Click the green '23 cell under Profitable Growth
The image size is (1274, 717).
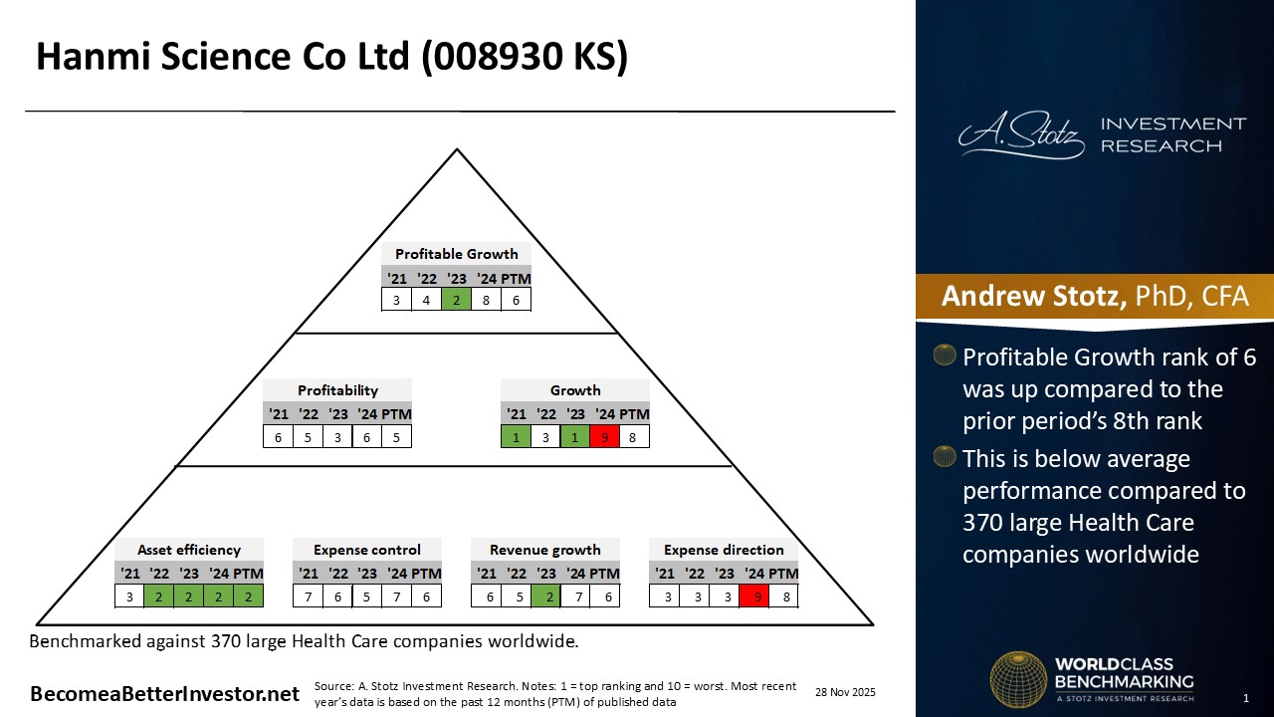point(456,300)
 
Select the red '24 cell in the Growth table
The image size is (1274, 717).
point(604,437)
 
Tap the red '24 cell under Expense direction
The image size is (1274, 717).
point(754,597)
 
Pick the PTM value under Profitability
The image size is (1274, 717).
point(396,437)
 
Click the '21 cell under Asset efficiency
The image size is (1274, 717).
point(129,597)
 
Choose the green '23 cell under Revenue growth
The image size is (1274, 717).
point(546,597)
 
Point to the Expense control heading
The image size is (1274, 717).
point(367,550)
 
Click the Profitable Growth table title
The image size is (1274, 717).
point(456,254)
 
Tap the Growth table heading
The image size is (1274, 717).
point(575,390)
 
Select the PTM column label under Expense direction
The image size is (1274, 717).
point(785,574)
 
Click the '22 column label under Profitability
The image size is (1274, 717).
point(309,414)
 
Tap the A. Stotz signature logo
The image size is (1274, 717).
point(1021,134)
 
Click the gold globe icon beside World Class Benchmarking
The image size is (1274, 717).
point(1018,679)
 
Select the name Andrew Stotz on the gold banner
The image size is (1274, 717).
point(1034,296)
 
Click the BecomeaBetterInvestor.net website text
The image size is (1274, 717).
point(164,694)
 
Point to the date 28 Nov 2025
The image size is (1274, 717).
point(845,692)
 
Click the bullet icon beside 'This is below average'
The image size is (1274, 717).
point(945,456)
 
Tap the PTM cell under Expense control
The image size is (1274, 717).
point(427,597)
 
